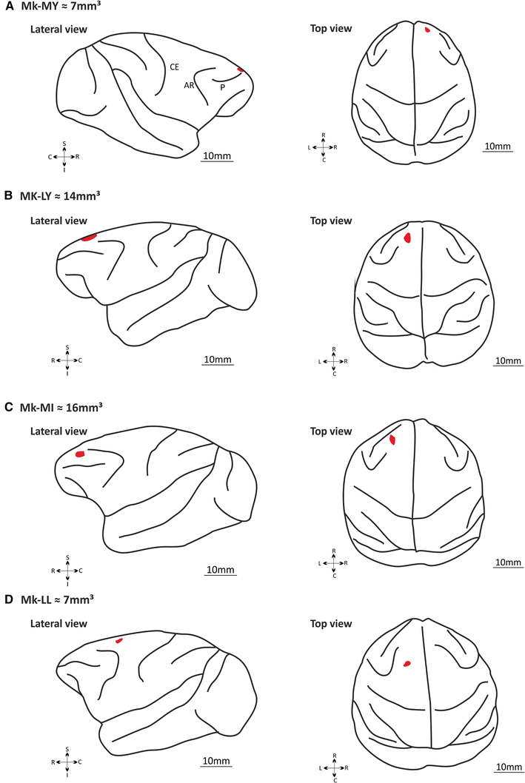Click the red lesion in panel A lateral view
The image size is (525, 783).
click(x=240, y=70)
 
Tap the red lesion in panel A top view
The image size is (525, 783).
click(x=427, y=30)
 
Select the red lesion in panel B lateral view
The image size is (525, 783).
click(x=89, y=238)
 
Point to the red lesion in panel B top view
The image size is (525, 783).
click(x=408, y=237)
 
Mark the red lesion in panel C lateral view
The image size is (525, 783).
click(x=80, y=454)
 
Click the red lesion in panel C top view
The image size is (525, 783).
click(x=392, y=440)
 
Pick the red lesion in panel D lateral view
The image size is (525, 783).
click(x=118, y=640)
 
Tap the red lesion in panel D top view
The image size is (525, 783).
click(x=407, y=664)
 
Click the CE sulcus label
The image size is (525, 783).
click(x=174, y=67)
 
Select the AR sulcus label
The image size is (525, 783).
click(x=190, y=85)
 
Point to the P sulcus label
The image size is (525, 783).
click(x=222, y=87)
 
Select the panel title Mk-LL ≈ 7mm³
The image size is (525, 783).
click(x=58, y=598)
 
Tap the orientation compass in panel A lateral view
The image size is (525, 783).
click(x=64, y=157)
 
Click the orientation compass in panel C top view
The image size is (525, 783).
click(x=335, y=563)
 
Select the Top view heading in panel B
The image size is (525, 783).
click(x=331, y=221)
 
